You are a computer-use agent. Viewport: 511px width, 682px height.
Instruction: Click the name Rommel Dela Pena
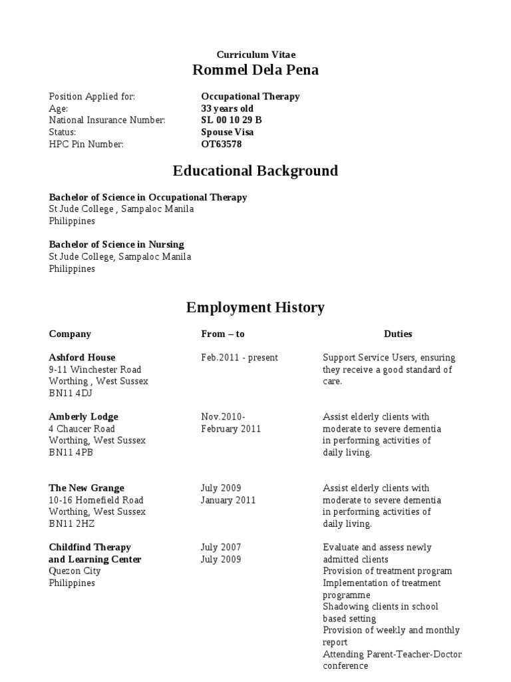(255, 71)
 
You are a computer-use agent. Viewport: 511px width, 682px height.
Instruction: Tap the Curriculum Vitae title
(255, 55)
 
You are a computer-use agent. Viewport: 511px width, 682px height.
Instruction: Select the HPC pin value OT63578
(222, 144)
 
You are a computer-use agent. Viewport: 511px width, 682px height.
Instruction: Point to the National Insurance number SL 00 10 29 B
(232, 120)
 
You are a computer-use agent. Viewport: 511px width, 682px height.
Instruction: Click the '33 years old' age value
(227, 108)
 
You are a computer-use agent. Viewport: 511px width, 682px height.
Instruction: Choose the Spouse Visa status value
(227, 132)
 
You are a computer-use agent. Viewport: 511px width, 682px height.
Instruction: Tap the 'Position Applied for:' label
(92, 97)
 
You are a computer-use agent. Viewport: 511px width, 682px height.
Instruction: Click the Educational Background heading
(255, 171)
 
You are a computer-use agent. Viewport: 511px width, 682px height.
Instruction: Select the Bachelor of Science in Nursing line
(116, 244)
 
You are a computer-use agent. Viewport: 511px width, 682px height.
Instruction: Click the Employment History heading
(255, 308)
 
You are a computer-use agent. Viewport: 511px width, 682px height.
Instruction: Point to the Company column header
(70, 334)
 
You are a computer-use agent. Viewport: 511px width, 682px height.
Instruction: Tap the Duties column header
(398, 334)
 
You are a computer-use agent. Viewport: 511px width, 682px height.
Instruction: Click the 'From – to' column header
(222, 334)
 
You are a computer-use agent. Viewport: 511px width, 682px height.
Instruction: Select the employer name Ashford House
(82, 358)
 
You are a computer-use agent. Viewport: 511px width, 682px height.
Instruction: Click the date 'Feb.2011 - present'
(240, 358)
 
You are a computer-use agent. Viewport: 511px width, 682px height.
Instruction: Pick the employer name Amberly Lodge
(83, 417)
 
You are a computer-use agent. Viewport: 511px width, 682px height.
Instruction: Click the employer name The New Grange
(86, 488)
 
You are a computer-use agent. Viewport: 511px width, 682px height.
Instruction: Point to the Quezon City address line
(75, 571)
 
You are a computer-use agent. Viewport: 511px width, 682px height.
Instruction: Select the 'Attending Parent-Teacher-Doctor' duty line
(392, 654)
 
